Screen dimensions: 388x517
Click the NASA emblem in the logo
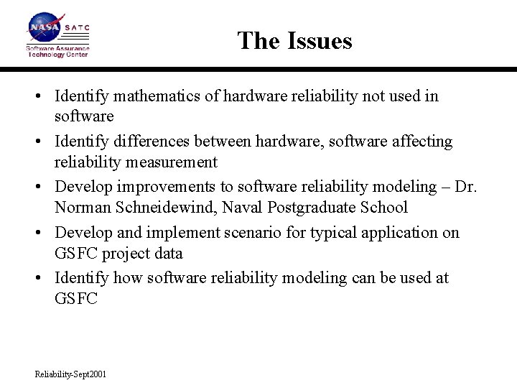[x=45, y=28]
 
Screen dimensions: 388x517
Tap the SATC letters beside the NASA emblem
[x=77, y=28]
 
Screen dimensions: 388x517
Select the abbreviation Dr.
[x=466, y=187]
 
